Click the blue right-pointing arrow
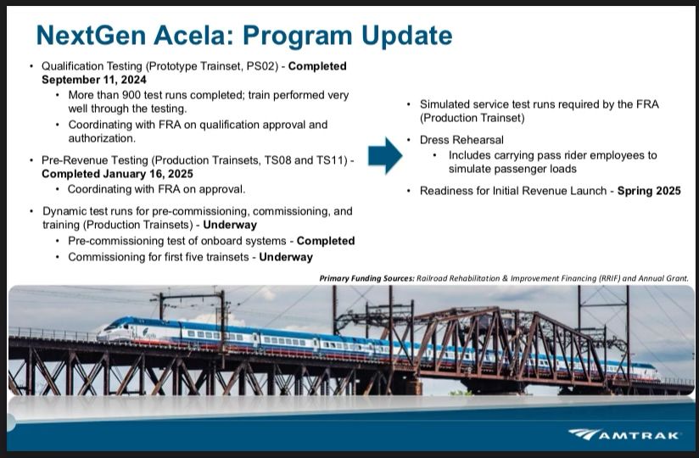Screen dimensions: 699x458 click(x=385, y=155)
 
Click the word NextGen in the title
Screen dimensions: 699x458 click(x=92, y=35)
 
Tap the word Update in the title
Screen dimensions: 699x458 click(x=407, y=36)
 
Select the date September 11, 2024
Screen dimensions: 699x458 click(x=94, y=80)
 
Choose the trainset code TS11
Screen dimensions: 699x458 click(x=329, y=160)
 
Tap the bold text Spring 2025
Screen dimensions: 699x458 click(x=649, y=191)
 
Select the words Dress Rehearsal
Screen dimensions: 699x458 click(x=461, y=140)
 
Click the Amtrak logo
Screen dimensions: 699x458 click(x=624, y=434)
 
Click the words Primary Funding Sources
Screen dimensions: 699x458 click(x=366, y=278)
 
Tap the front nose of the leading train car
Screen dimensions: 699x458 click(x=102, y=333)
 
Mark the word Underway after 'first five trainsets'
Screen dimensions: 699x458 click(x=286, y=257)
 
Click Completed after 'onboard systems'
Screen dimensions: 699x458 click(x=326, y=241)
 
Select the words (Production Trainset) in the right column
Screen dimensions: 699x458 click(x=473, y=118)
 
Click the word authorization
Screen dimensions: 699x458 click(x=102, y=138)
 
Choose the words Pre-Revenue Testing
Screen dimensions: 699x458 click(x=94, y=160)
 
